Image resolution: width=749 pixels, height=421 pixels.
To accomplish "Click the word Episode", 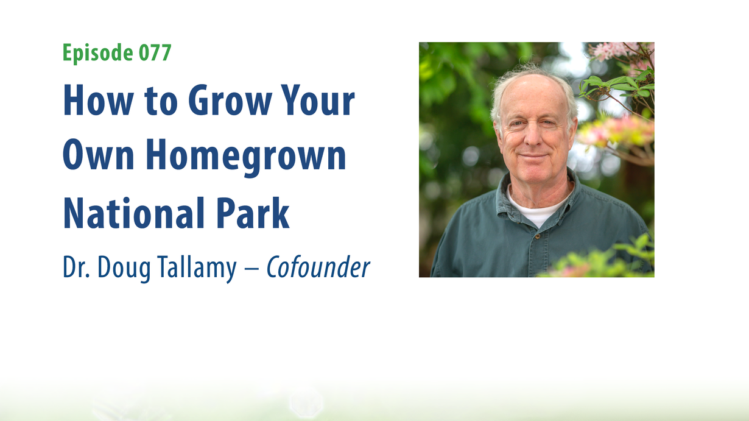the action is point(98,53).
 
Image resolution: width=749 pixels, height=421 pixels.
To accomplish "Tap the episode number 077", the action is point(155,52).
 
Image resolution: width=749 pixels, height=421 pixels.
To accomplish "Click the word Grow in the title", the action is point(230,100).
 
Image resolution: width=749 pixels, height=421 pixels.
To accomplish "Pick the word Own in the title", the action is point(98,155).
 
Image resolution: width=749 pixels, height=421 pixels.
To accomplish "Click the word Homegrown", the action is point(246,157).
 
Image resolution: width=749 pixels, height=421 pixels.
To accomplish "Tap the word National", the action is point(133,213).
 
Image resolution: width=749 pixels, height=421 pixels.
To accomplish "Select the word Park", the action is point(253,213).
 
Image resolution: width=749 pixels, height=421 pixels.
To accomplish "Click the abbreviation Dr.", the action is point(76,267).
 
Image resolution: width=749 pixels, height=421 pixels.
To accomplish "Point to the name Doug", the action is point(124,269).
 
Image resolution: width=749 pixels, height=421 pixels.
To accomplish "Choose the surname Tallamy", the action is point(197,269).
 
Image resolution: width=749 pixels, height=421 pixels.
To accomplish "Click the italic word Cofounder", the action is point(318,267).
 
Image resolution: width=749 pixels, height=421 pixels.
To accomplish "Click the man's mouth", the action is point(533,155).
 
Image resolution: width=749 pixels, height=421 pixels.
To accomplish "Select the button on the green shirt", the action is point(538,236).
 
